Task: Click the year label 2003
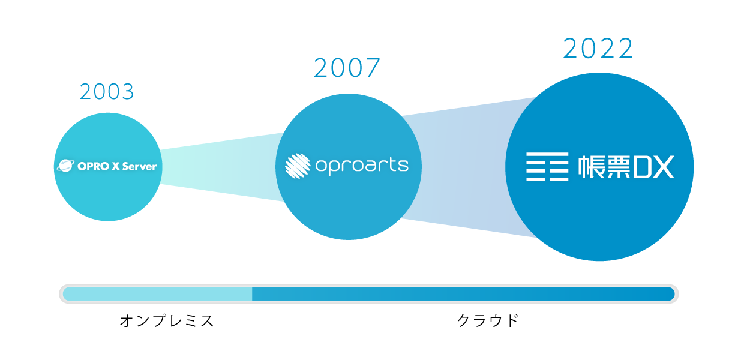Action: pos(107,91)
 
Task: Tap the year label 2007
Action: pos(347,68)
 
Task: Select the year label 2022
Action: pos(598,49)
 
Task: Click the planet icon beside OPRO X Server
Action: pos(66,166)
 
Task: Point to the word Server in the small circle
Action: pos(139,166)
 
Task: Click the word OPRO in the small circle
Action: pos(94,166)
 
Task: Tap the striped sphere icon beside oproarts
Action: pos(298,166)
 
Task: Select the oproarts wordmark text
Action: pos(362,166)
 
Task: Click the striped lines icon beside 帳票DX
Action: pos(547,166)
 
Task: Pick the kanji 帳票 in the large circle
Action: pos(604,167)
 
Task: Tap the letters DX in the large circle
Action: pos(653,167)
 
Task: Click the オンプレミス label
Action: pos(166,321)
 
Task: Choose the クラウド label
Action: pos(488,320)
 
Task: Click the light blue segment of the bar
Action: pos(157,294)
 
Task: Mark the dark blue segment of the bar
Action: pos(463,294)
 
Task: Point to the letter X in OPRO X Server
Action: pos(116,166)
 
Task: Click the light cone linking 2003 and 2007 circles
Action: pos(222,167)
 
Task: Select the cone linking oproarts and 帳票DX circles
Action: pos(469,167)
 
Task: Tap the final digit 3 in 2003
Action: pos(128,92)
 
